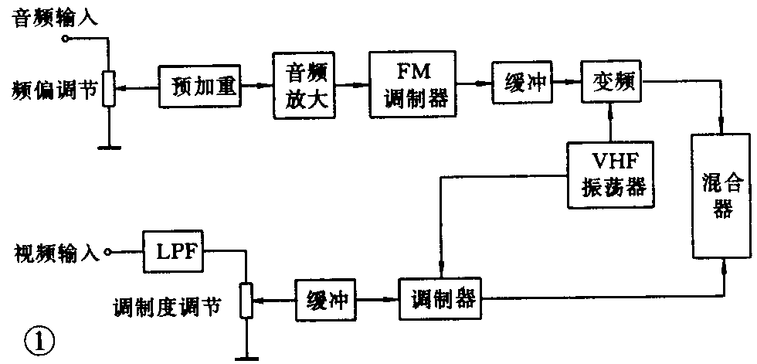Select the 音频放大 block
(x=304, y=84)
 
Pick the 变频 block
(x=613, y=81)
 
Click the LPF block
(x=173, y=253)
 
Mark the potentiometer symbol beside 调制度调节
(x=246, y=300)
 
